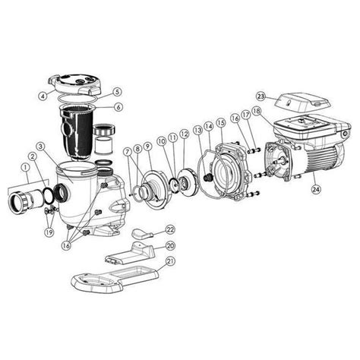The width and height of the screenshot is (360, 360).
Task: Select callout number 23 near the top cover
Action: (x=261, y=96)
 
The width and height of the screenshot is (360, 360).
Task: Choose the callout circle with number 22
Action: (x=170, y=229)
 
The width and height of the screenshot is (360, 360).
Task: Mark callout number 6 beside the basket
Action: (x=117, y=109)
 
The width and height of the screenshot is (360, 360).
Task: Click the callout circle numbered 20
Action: (x=170, y=246)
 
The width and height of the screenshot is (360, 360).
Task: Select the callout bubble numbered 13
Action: (x=196, y=131)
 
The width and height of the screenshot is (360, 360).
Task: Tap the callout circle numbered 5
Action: (x=117, y=92)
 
